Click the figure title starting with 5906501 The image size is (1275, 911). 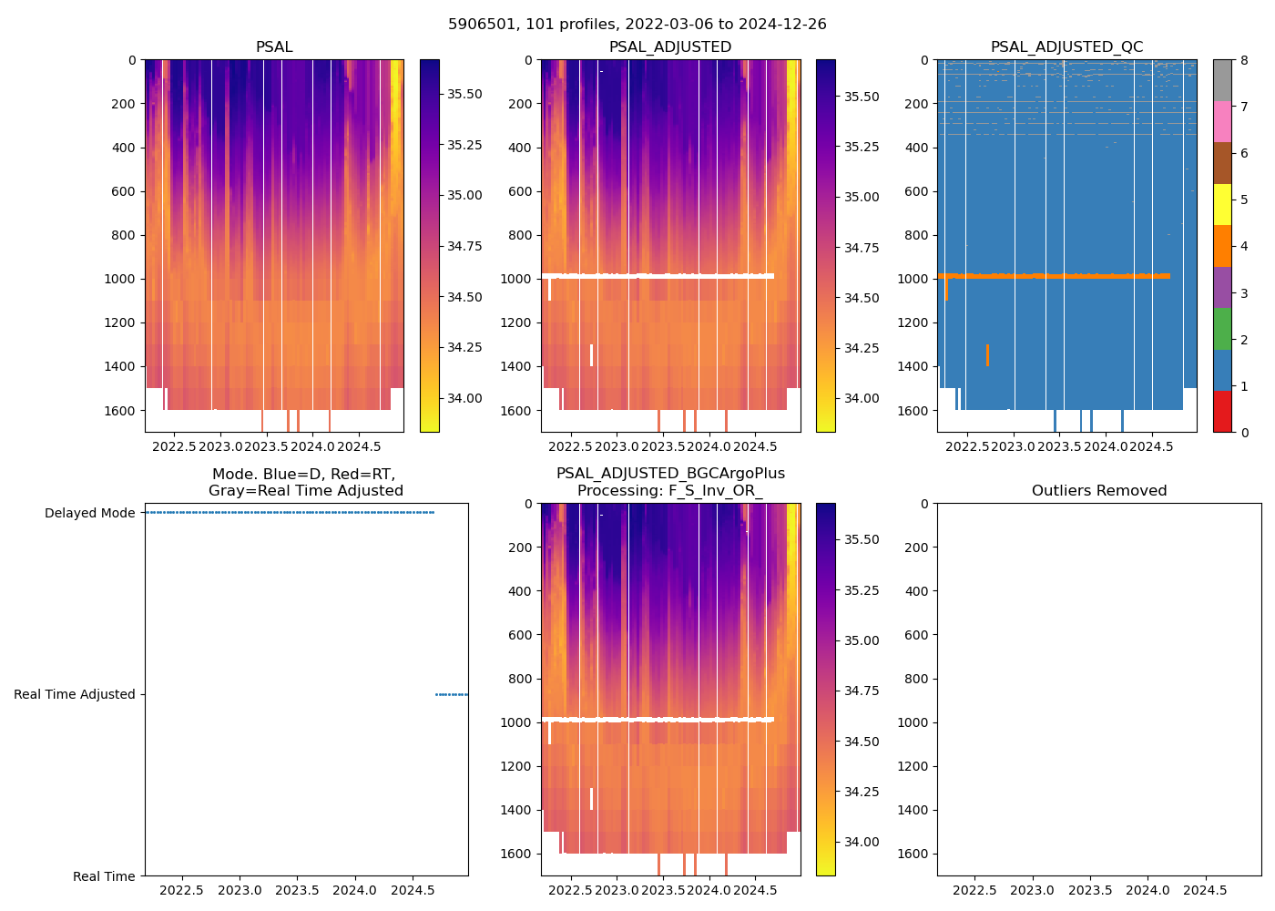click(637, 25)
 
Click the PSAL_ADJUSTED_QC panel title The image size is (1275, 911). click(1066, 47)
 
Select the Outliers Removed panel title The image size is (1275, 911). click(1098, 491)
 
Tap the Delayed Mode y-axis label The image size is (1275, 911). click(89, 513)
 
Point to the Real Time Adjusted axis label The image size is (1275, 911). click(74, 694)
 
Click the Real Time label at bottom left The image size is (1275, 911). click(104, 876)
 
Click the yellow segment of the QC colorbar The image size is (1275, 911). click(1223, 205)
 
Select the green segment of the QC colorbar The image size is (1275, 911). click(1223, 328)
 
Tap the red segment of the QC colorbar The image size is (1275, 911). click(1223, 412)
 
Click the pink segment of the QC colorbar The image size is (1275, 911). click(1223, 121)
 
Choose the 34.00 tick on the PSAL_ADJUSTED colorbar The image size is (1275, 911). click(861, 398)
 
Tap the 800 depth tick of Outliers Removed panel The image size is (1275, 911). click(916, 679)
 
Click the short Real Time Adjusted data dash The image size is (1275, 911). click(452, 694)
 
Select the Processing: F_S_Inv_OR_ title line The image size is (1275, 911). click(669, 491)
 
